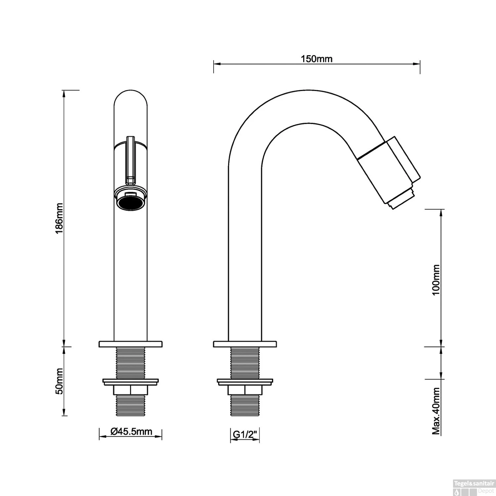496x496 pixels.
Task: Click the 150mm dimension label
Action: click(316, 59)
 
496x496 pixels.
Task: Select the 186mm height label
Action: click(60, 218)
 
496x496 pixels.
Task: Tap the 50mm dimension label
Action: click(60, 381)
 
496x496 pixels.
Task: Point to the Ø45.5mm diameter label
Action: click(131, 432)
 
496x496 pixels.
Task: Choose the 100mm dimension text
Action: click(436, 280)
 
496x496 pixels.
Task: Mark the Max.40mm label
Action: click(436, 411)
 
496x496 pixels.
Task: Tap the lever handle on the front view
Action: click(130, 159)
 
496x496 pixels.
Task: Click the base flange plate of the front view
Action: click(130, 344)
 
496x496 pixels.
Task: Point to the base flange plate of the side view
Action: click(245, 344)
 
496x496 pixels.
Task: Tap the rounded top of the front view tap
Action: click(130, 96)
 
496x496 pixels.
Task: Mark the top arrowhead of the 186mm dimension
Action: click(64, 93)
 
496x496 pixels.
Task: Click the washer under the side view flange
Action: click(245, 382)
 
